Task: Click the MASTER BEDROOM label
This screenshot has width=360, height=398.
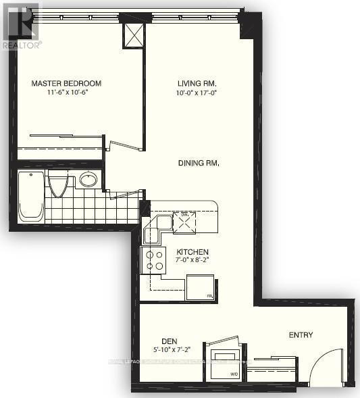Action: coord(66,84)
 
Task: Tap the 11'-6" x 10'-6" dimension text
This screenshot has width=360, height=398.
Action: coord(66,93)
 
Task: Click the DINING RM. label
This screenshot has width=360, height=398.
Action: coord(199,163)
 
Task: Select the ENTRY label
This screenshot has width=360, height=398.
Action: coord(300,335)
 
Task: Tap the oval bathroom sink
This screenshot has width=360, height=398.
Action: coord(88,180)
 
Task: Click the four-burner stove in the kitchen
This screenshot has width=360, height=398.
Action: coord(153,259)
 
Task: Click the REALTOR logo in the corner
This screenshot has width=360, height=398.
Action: coord(20,24)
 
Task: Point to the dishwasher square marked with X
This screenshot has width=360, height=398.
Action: coord(184,221)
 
